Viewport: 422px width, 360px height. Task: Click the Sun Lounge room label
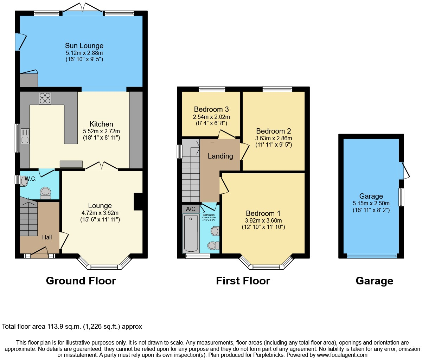pyautogui.click(x=84, y=46)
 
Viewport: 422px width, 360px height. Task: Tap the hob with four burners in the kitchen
pyautogui.click(x=45, y=98)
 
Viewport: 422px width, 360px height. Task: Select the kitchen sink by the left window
pyautogui.click(x=25, y=136)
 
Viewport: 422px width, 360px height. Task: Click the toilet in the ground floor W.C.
pyautogui.click(x=45, y=192)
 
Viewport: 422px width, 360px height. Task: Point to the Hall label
pyautogui.click(x=47, y=237)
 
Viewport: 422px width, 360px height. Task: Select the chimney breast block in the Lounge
pyautogui.click(x=138, y=201)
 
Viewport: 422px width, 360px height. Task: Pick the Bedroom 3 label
pyautogui.click(x=211, y=109)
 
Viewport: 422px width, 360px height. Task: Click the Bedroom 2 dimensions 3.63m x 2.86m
pyautogui.click(x=274, y=138)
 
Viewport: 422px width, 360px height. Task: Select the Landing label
pyautogui.click(x=220, y=156)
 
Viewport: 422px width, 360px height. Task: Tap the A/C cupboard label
pyautogui.click(x=191, y=209)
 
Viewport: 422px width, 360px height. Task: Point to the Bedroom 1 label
pyautogui.click(x=263, y=213)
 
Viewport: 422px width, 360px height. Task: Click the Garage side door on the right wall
pyautogui.click(x=403, y=171)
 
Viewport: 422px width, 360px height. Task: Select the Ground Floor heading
pyautogui.click(x=81, y=281)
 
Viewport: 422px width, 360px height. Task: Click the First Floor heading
pyautogui.click(x=243, y=281)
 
